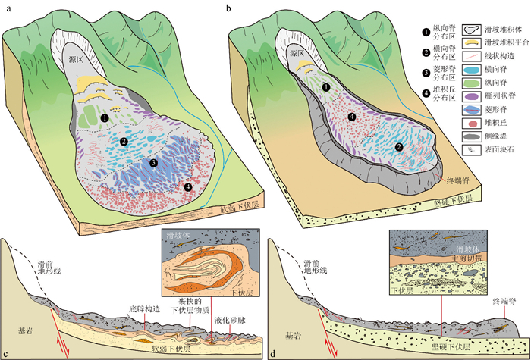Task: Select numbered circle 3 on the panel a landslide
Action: pos(154,162)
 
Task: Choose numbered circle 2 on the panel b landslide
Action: pos(399,147)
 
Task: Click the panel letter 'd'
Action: pos(272,352)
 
